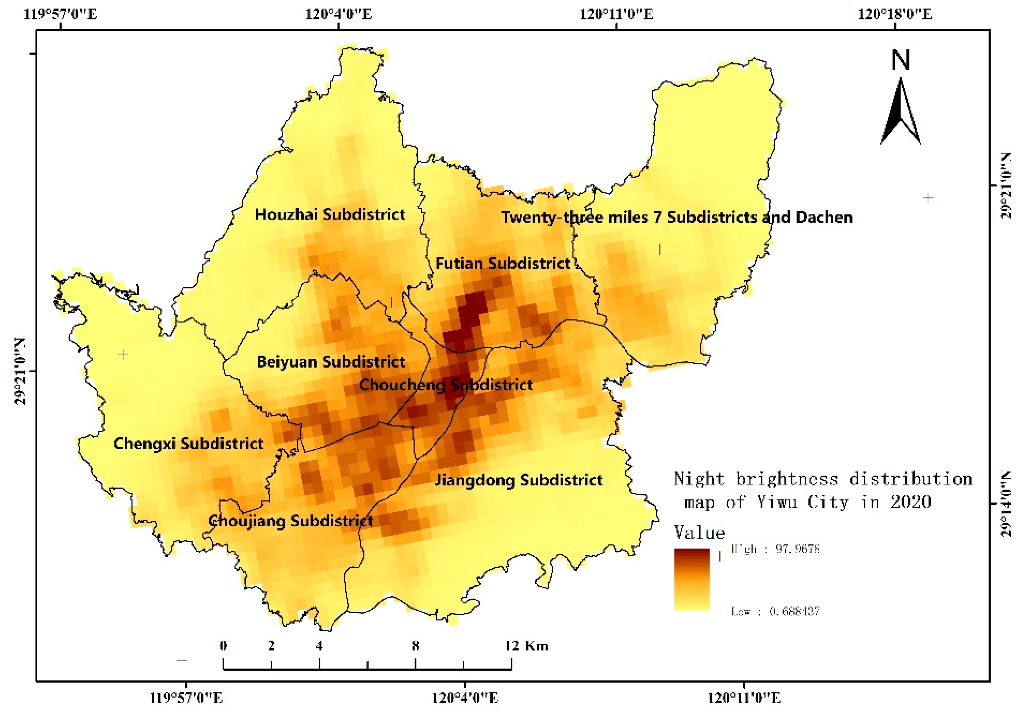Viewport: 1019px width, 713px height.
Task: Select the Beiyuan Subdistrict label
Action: click(331, 362)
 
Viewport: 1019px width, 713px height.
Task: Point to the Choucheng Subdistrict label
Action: click(446, 384)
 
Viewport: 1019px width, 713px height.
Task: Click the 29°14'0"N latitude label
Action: click(1006, 504)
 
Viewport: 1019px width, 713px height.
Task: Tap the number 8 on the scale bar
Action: click(415, 646)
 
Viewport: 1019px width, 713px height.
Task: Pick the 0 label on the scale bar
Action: click(223, 646)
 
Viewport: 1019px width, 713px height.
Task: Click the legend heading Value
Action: click(699, 532)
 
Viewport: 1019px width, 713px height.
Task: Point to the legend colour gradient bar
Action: click(692, 580)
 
